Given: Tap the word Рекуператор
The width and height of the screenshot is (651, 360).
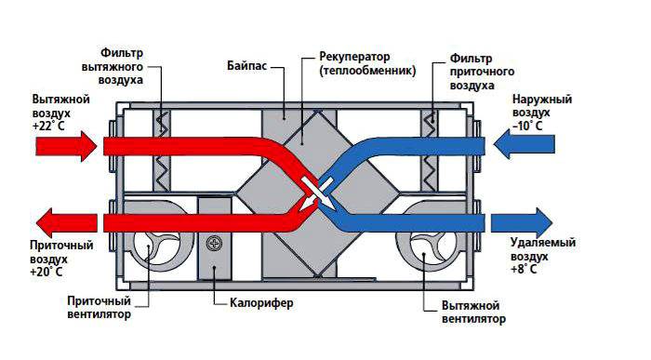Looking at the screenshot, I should click(x=353, y=56).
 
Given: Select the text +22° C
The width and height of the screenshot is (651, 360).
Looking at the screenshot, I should click(x=47, y=124).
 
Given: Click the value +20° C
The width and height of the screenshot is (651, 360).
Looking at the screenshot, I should click(x=47, y=272).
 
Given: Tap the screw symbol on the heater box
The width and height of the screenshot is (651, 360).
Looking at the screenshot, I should click(x=216, y=244).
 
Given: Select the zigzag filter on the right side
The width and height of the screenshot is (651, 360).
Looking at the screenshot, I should click(x=431, y=149).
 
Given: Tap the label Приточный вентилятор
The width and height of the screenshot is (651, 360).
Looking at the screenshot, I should click(x=99, y=308).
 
